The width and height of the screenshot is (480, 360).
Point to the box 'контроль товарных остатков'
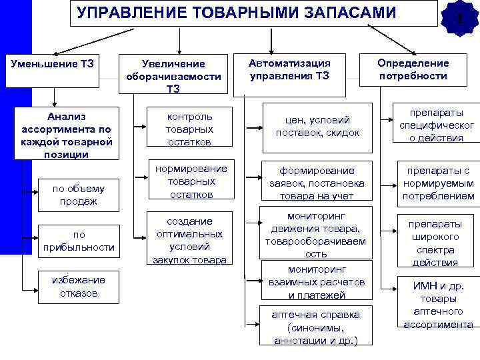(x=191, y=126)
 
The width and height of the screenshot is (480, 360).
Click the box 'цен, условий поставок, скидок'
(x=317, y=126)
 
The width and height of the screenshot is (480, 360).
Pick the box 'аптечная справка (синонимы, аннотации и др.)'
(x=317, y=327)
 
